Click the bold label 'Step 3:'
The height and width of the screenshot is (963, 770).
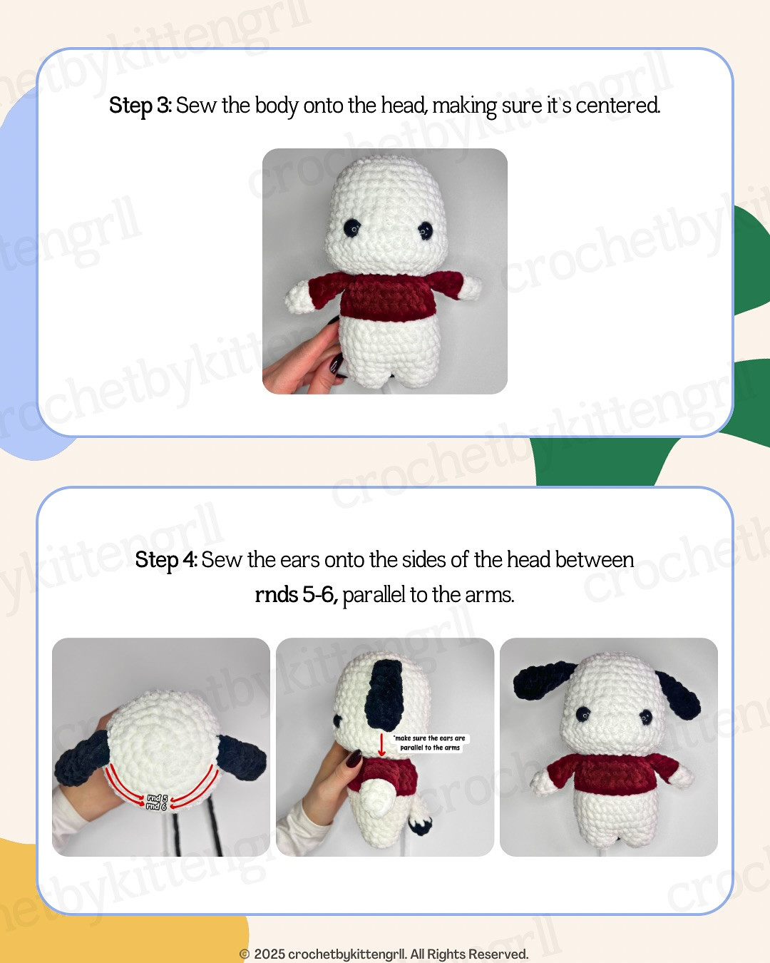pyautogui.click(x=140, y=106)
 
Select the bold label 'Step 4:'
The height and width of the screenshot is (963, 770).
pyautogui.click(x=166, y=560)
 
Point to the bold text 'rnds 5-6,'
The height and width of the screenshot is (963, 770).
pyautogui.click(x=296, y=594)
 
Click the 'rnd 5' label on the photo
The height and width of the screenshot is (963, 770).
pyautogui.click(x=157, y=798)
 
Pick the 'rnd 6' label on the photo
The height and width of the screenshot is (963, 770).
pyautogui.click(x=156, y=807)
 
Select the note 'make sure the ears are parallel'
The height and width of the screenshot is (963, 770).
pyautogui.click(x=430, y=743)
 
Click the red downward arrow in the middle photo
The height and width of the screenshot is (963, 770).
pyautogui.click(x=381, y=745)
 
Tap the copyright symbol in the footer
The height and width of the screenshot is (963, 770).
pyautogui.click(x=245, y=954)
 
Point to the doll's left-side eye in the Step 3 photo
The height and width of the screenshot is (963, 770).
pyautogui.click(x=352, y=228)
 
